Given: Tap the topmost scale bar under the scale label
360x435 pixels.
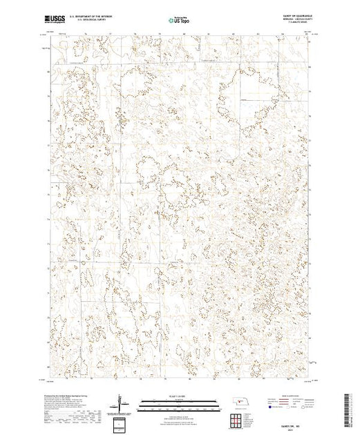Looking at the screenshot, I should pyautogui.click(x=179, y=400).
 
